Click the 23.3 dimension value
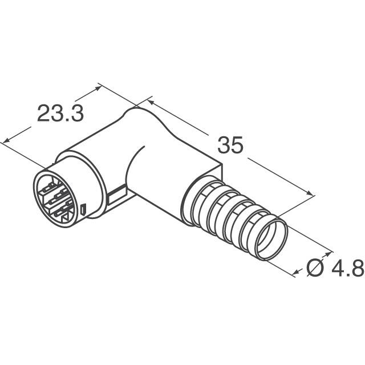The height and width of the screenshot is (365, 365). [60, 113]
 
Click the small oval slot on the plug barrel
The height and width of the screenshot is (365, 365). [83, 210]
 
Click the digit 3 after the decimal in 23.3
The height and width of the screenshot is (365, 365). [77, 113]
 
